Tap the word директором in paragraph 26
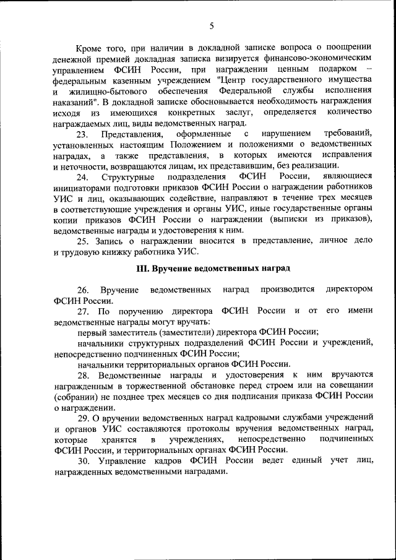point(350,290)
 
